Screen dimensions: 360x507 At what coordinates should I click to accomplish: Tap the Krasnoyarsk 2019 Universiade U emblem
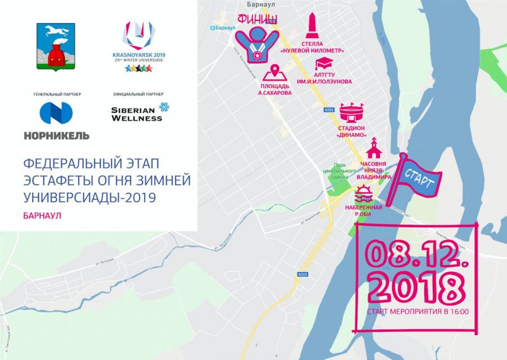[138, 35]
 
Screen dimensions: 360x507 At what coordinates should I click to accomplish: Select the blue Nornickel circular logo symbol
[56, 113]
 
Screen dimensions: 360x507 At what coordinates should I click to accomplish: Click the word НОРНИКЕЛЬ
[56, 135]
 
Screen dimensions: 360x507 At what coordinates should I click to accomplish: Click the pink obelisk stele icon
[312, 26]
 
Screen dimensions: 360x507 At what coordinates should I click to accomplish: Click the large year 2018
[416, 286]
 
